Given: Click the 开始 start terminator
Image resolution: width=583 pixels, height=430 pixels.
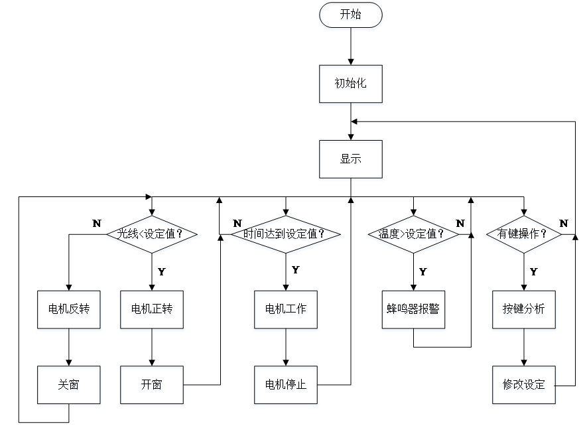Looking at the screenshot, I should [351, 17].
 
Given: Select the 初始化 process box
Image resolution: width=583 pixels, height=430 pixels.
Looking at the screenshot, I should [351, 85].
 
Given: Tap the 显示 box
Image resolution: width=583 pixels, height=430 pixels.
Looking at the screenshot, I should [351, 161].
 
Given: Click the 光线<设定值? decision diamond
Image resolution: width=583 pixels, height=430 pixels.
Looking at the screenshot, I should [152, 236].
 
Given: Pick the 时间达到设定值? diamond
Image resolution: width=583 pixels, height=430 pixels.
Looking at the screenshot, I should [286, 236].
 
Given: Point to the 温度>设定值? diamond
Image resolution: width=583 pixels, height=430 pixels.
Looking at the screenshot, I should [413, 236].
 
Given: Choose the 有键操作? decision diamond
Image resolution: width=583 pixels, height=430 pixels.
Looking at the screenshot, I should [524, 236].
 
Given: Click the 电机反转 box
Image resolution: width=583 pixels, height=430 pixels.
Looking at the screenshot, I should [69, 311].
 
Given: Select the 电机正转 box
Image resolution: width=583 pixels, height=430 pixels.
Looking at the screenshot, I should [152, 311].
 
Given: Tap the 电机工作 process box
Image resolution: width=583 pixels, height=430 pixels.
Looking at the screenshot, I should [286, 311].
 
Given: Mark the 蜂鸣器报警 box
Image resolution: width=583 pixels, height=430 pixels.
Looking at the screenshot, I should [413, 311].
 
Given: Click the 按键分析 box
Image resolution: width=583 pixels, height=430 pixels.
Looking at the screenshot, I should [524, 311].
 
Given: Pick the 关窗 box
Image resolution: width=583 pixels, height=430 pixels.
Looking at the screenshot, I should [69, 386].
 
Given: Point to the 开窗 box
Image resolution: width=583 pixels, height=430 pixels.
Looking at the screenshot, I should [152, 386].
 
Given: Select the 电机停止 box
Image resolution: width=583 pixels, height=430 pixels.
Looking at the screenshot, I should [286, 386].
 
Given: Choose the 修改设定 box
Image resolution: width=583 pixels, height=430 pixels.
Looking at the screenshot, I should [524, 386].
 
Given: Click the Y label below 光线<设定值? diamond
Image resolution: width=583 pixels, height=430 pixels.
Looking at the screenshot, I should [161, 271].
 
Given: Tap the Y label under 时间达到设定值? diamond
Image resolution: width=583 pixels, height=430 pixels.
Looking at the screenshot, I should [295, 271].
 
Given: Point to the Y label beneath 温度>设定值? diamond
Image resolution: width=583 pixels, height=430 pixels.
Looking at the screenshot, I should [422, 271].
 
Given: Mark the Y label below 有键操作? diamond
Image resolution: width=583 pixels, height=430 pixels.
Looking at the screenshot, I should [533, 271].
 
